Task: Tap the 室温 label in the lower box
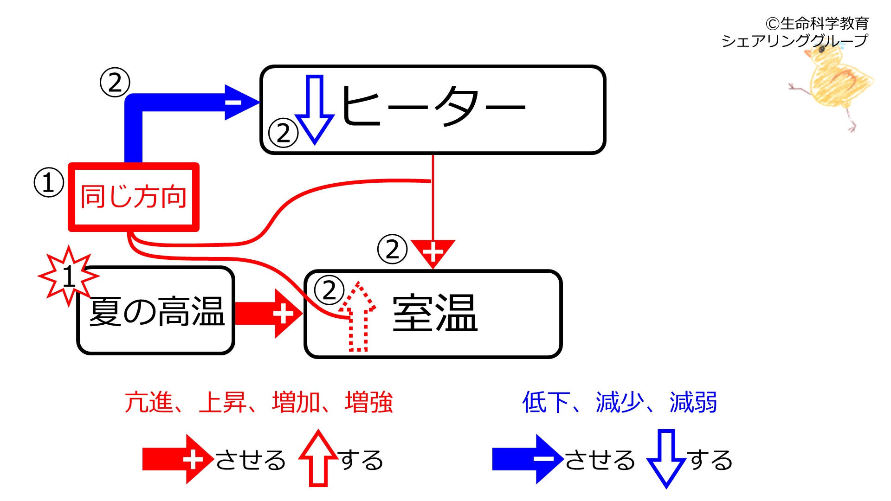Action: (x=435, y=313)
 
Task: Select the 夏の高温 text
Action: (x=157, y=311)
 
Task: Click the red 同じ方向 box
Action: (x=134, y=197)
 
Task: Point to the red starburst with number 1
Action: (x=69, y=276)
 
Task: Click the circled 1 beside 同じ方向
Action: (x=49, y=182)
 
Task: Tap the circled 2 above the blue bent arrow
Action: (x=115, y=82)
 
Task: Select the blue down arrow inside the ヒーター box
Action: (x=315, y=109)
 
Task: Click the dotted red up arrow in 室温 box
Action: (x=357, y=316)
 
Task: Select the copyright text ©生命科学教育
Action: (x=817, y=23)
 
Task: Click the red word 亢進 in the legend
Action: (x=148, y=402)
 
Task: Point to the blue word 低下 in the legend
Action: (x=546, y=402)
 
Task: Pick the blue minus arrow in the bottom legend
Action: (x=528, y=459)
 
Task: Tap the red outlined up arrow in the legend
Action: (x=318, y=458)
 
